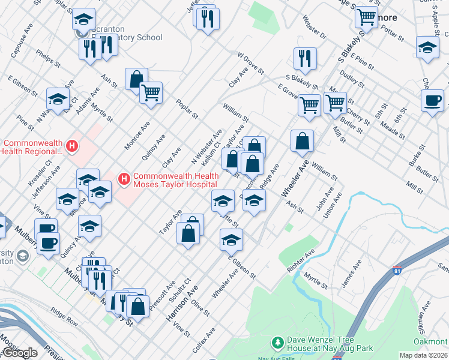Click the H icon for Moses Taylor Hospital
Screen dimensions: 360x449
(x=124, y=179)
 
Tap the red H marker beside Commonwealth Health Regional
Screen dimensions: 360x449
(x=71, y=146)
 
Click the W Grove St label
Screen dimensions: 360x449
(x=250, y=62)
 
